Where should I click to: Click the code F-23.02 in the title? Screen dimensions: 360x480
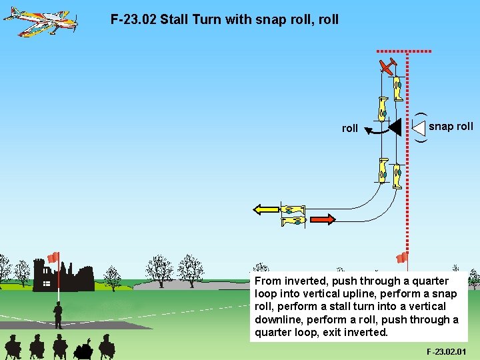[133, 19]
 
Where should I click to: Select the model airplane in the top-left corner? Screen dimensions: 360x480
[40, 21]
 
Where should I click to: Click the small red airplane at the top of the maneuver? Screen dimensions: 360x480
[387, 65]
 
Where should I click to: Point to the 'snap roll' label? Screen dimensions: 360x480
[451, 126]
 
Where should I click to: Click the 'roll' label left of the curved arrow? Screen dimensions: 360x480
[349, 128]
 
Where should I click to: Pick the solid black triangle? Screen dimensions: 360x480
[394, 126]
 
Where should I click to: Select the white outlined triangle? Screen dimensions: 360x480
[419, 127]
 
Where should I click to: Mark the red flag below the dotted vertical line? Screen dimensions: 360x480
[402, 257]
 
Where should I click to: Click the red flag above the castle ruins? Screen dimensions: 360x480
[53, 257]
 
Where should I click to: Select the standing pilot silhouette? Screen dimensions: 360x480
[58, 315]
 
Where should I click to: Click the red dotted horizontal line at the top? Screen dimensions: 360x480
[404, 51]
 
